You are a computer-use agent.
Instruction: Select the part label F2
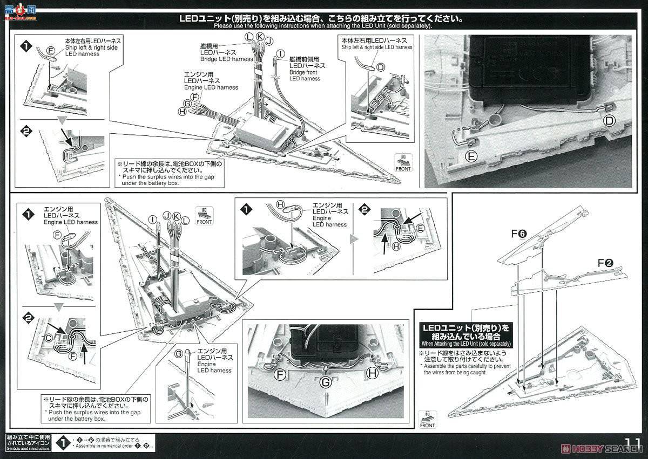click(604, 264)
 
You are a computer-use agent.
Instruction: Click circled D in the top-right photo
click(609, 121)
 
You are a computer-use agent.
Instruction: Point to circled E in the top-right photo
click(471, 157)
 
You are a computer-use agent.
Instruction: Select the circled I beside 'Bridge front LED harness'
click(280, 54)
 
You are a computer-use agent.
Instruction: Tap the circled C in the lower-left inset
click(48, 338)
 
